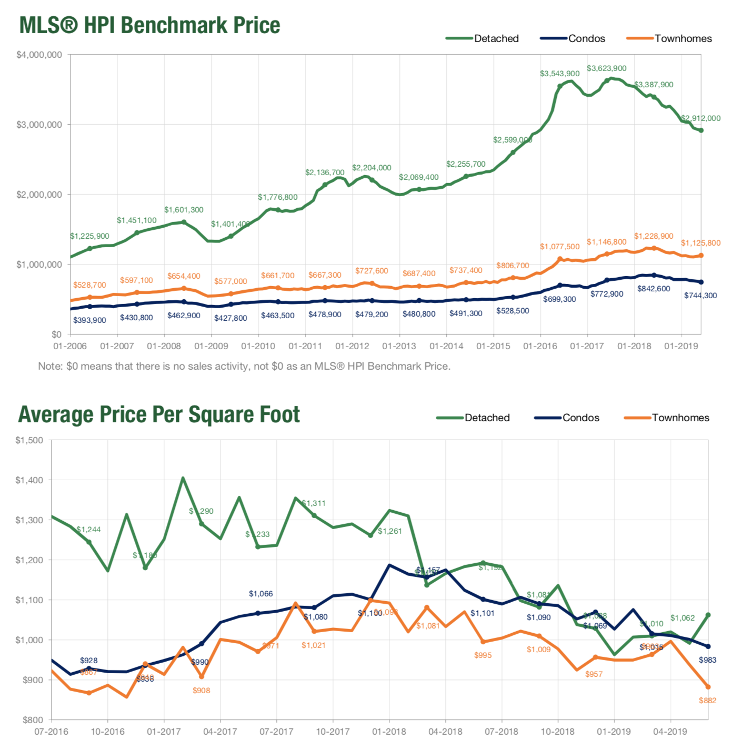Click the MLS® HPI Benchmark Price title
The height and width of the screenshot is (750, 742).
coord(149,25)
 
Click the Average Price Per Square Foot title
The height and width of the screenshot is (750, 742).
coord(159,414)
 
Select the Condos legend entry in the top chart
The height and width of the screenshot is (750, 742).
coord(586,38)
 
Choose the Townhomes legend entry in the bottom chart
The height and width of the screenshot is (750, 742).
coord(680,418)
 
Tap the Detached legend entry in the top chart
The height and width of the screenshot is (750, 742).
coord(496,38)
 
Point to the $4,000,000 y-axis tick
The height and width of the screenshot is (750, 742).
coord(39,55)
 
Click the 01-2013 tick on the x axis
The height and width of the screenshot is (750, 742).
coord(399,346)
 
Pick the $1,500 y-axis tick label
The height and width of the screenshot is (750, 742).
coord(29,440)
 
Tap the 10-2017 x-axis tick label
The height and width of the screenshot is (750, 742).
coord(333,732)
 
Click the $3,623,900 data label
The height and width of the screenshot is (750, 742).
coord(606,68)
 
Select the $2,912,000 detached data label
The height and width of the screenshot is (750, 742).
coord(700,118)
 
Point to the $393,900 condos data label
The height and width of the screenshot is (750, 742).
coord(89,320)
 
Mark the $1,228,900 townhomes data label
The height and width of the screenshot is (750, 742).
coord(653,236)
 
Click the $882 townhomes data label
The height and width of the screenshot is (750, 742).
coord(707,700)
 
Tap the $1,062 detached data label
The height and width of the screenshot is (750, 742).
coord(682,618)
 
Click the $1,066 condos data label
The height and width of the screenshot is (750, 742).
coord(260,594)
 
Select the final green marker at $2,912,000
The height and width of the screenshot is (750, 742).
coord(701,130)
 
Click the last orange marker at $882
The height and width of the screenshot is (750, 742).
coord(708,687)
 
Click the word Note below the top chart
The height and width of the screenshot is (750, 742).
coord(49,366)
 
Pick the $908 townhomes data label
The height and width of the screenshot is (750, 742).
coord(201,690)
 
